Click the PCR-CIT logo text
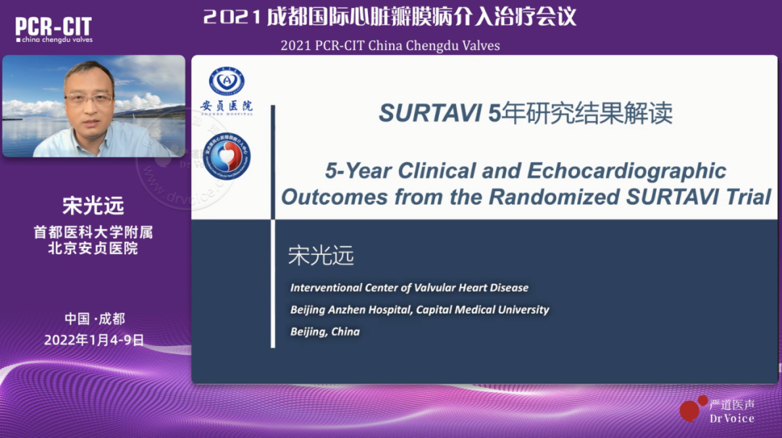pos(54,27)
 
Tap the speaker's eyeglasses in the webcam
pos(89,98)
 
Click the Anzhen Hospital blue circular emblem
pos(227,81)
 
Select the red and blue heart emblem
pos(227,157)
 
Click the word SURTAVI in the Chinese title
pos(430,113)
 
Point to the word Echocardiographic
pos(626,171)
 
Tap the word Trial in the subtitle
pos(748,196)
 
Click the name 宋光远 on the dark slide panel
pos(321,256)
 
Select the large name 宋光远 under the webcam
pos(93,206)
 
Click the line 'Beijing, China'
pos(325,332)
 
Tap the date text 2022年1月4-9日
pos(94,340)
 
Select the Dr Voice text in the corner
pos(732,418)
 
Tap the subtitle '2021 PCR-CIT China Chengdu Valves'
pos(390,46)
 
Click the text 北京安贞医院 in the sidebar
pos(93,248)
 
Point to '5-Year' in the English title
pos(358,171)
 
